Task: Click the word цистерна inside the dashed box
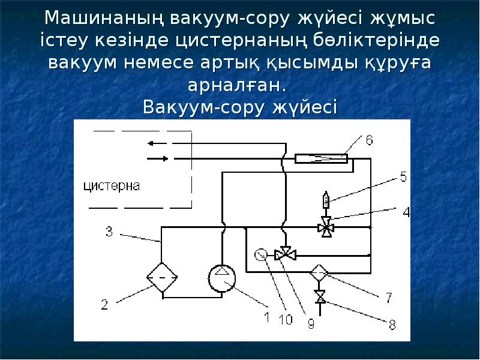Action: click(x=112, y=185)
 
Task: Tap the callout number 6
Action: click(x=370, y=140)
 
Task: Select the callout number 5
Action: click(x=403, y=176)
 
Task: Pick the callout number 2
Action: click(x=104, y=305)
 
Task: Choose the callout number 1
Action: click(x=266, y=314)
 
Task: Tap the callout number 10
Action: click(x=286, y=320)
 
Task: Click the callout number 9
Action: click(x=310, y=323)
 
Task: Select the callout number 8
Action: click(x=392, y=325)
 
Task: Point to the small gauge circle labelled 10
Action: click(x=260, y=254)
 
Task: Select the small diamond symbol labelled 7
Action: click(x=319, y=273)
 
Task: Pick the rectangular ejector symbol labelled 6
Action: click(x=322, y=158)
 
